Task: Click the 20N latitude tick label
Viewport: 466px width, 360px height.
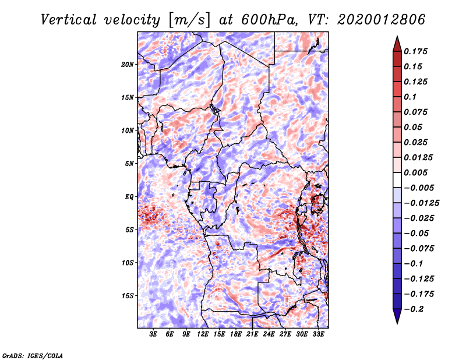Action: coord(128,64)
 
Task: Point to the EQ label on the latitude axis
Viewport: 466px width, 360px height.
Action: coord(129,196)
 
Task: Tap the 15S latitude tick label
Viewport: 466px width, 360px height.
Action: coord(128,295)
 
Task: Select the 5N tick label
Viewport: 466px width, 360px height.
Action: coord(129,164)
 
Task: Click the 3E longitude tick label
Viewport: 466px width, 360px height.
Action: coord(153,334)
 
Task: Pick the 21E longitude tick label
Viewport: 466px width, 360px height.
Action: coord(252,334)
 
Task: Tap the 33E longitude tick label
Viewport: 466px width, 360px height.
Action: coord(318,334)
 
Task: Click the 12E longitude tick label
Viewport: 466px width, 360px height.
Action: coord(202,334)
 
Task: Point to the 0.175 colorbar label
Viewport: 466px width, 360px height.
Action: coord(415,51)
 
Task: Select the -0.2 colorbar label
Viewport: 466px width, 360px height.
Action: coord(414,309)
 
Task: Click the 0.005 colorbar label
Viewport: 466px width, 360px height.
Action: coord(415,172)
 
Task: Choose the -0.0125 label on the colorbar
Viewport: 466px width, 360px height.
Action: coord(421,203)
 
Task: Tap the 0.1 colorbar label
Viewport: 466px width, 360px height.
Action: coord(410,97)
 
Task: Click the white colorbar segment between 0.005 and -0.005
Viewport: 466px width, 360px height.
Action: coord(397,180)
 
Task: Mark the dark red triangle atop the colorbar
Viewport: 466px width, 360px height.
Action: coord(397,45)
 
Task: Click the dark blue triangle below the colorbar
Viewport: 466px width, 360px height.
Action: coord(397,315)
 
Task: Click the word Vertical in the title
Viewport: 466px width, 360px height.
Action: coord(69,20)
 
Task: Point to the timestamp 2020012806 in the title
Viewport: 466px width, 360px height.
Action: coord(382,20)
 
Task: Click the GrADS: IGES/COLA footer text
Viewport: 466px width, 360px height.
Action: coord(33,355)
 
